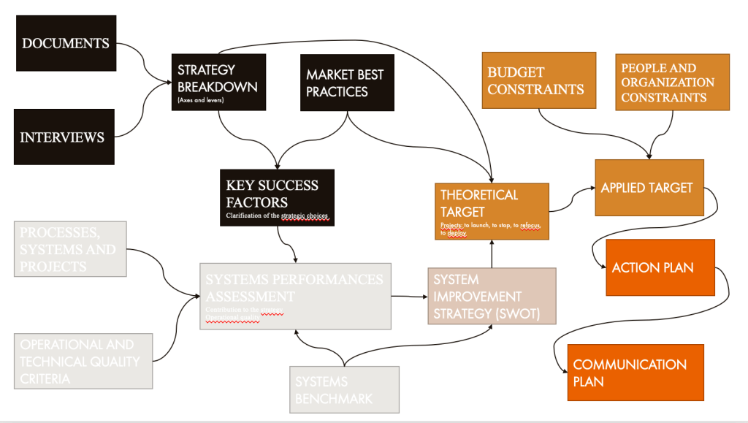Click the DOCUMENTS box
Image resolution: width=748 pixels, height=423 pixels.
[x=66, y=43]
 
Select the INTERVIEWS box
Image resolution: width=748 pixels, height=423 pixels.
[x=64, y=137]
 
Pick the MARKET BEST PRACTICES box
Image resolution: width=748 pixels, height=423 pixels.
[x=345, y=83]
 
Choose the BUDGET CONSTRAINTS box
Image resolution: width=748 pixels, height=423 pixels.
[x=539, y=80]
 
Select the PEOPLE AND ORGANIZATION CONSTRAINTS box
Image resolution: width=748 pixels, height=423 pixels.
[x=672, y=83]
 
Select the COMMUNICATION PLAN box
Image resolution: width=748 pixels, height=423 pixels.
[x=635, y=373]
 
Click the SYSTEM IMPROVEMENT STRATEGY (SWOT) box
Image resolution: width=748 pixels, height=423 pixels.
[x=492, y=296]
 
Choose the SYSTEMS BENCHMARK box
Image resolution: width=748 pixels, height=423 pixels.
[x=344, y=389]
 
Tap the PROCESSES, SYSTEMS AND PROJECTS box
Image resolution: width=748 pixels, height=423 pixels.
[x=70, y=249]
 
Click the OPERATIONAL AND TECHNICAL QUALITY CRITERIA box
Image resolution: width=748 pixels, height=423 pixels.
[x=83, y=361]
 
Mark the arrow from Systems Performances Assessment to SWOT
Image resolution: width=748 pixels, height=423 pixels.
[x=409, y=296]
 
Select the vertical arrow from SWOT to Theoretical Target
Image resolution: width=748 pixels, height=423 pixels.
[x=492, y=254]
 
